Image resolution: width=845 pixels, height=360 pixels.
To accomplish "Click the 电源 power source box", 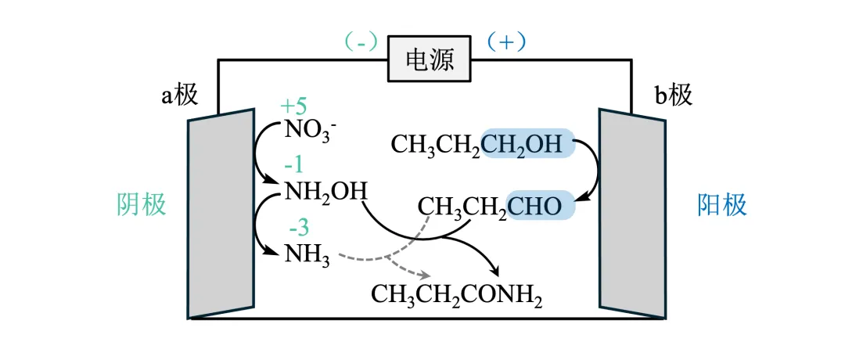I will coord(430,59).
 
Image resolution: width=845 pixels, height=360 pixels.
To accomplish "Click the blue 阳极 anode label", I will coord(721,204).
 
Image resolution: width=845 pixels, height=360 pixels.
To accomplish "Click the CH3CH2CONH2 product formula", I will coord(456,295).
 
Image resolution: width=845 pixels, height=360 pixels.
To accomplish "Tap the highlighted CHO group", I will coord(541,207).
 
